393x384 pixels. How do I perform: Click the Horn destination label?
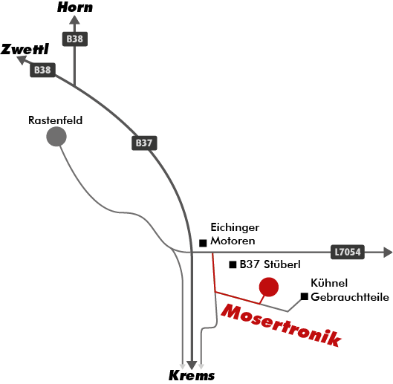(x=75, y=7)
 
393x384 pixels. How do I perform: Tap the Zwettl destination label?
(x=25, y=49)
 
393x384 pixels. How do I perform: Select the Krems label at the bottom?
(x=192, y=376)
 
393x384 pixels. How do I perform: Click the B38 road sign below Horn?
(x=75, y=39)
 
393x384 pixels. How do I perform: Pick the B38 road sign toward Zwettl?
(x=42, y=70)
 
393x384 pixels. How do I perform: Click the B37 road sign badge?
(x=144, y=143)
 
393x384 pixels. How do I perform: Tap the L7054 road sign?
(x=348, y=252)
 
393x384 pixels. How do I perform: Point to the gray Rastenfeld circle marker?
(x=56, y=137)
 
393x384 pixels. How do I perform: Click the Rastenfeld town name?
(x=56, y=120)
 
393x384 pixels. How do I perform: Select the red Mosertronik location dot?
(x=269, y=287)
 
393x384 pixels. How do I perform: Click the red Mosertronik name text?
(x=282, y=325)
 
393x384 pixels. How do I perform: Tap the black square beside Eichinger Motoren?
(x=203, y=243)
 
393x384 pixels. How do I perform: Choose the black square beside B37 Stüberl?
(x=233, y=264)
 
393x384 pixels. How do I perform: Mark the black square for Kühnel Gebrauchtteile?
(x=305, y=296)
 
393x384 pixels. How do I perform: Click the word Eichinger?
(x=235, y=227)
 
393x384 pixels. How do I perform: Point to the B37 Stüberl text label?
(x=270, y=264)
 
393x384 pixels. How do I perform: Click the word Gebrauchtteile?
(x=350, y=297)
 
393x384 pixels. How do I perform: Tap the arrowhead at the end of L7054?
(x=388, y=252)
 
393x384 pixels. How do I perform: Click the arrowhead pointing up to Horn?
(x=74, y=20)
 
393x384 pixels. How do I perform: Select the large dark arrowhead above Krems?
(x=192, y=365)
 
